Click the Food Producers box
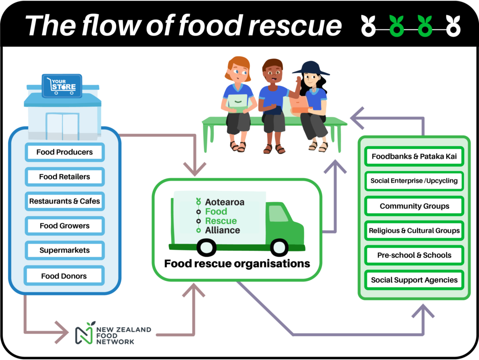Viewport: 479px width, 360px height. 65,152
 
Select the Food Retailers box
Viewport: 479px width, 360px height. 65,177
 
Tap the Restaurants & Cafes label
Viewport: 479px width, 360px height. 65,201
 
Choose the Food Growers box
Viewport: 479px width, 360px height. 65,226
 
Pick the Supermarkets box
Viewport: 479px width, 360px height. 65,250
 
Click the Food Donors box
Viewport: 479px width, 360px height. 64,276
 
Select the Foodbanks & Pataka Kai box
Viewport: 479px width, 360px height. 414,157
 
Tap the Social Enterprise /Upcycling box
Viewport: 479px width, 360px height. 414,181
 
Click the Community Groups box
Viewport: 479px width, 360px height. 414,206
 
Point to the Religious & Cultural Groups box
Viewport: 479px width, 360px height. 414,230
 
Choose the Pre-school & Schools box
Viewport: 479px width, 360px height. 414,255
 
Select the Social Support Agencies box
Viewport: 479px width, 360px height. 414,280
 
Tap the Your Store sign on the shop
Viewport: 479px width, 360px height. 62,86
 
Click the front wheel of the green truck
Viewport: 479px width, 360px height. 279,247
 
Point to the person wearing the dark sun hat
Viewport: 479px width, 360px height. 311,103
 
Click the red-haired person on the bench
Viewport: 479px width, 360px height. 238,103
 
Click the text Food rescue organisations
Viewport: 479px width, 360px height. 237,264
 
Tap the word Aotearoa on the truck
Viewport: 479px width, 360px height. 225,202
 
